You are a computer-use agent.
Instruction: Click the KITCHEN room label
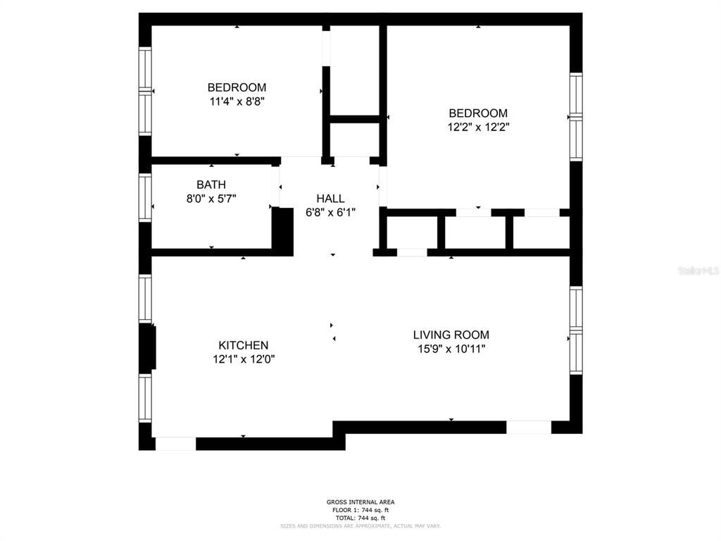click(243, 345)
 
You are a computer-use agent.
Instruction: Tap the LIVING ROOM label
click(451, 335)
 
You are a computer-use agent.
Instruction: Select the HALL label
click(330, 199)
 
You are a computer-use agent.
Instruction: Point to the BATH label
click(211, 185)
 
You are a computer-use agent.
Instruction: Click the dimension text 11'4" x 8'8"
click(237, 101)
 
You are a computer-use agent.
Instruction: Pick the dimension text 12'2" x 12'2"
click(478, 128)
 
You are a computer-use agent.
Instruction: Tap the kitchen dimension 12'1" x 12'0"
click(243, 359)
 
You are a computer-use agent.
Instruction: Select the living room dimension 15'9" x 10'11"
click(451, 349)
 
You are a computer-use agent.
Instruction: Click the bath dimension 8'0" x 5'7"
click(211, 199)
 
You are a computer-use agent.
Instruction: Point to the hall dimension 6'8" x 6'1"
click(330, 212)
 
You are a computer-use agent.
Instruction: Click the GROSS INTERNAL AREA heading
click(360, 502)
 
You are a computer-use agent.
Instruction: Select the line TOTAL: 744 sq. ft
click(360, 518)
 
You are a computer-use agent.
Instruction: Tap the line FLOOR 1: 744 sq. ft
click(360, 510)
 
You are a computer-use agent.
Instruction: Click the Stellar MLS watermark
click(698, 270)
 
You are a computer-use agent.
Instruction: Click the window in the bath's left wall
click(145, 197)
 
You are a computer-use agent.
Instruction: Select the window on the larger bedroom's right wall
click(575, 116)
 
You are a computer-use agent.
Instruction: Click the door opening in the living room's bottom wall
click(528, 427)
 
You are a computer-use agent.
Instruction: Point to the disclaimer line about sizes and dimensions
click(360, 526)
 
